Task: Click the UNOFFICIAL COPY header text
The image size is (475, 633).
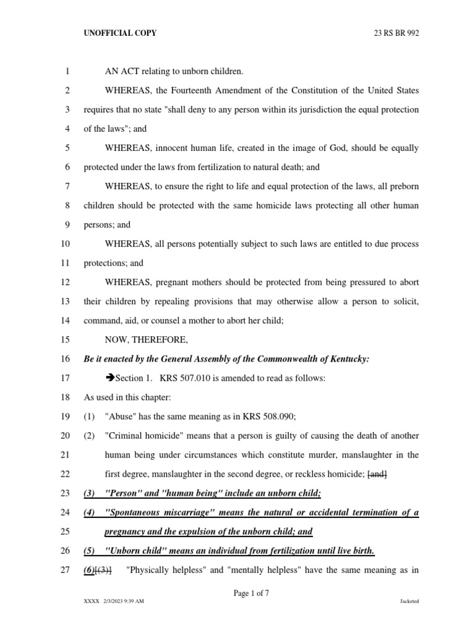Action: (120, 33)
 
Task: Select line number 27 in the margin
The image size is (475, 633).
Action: (67, 570)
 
